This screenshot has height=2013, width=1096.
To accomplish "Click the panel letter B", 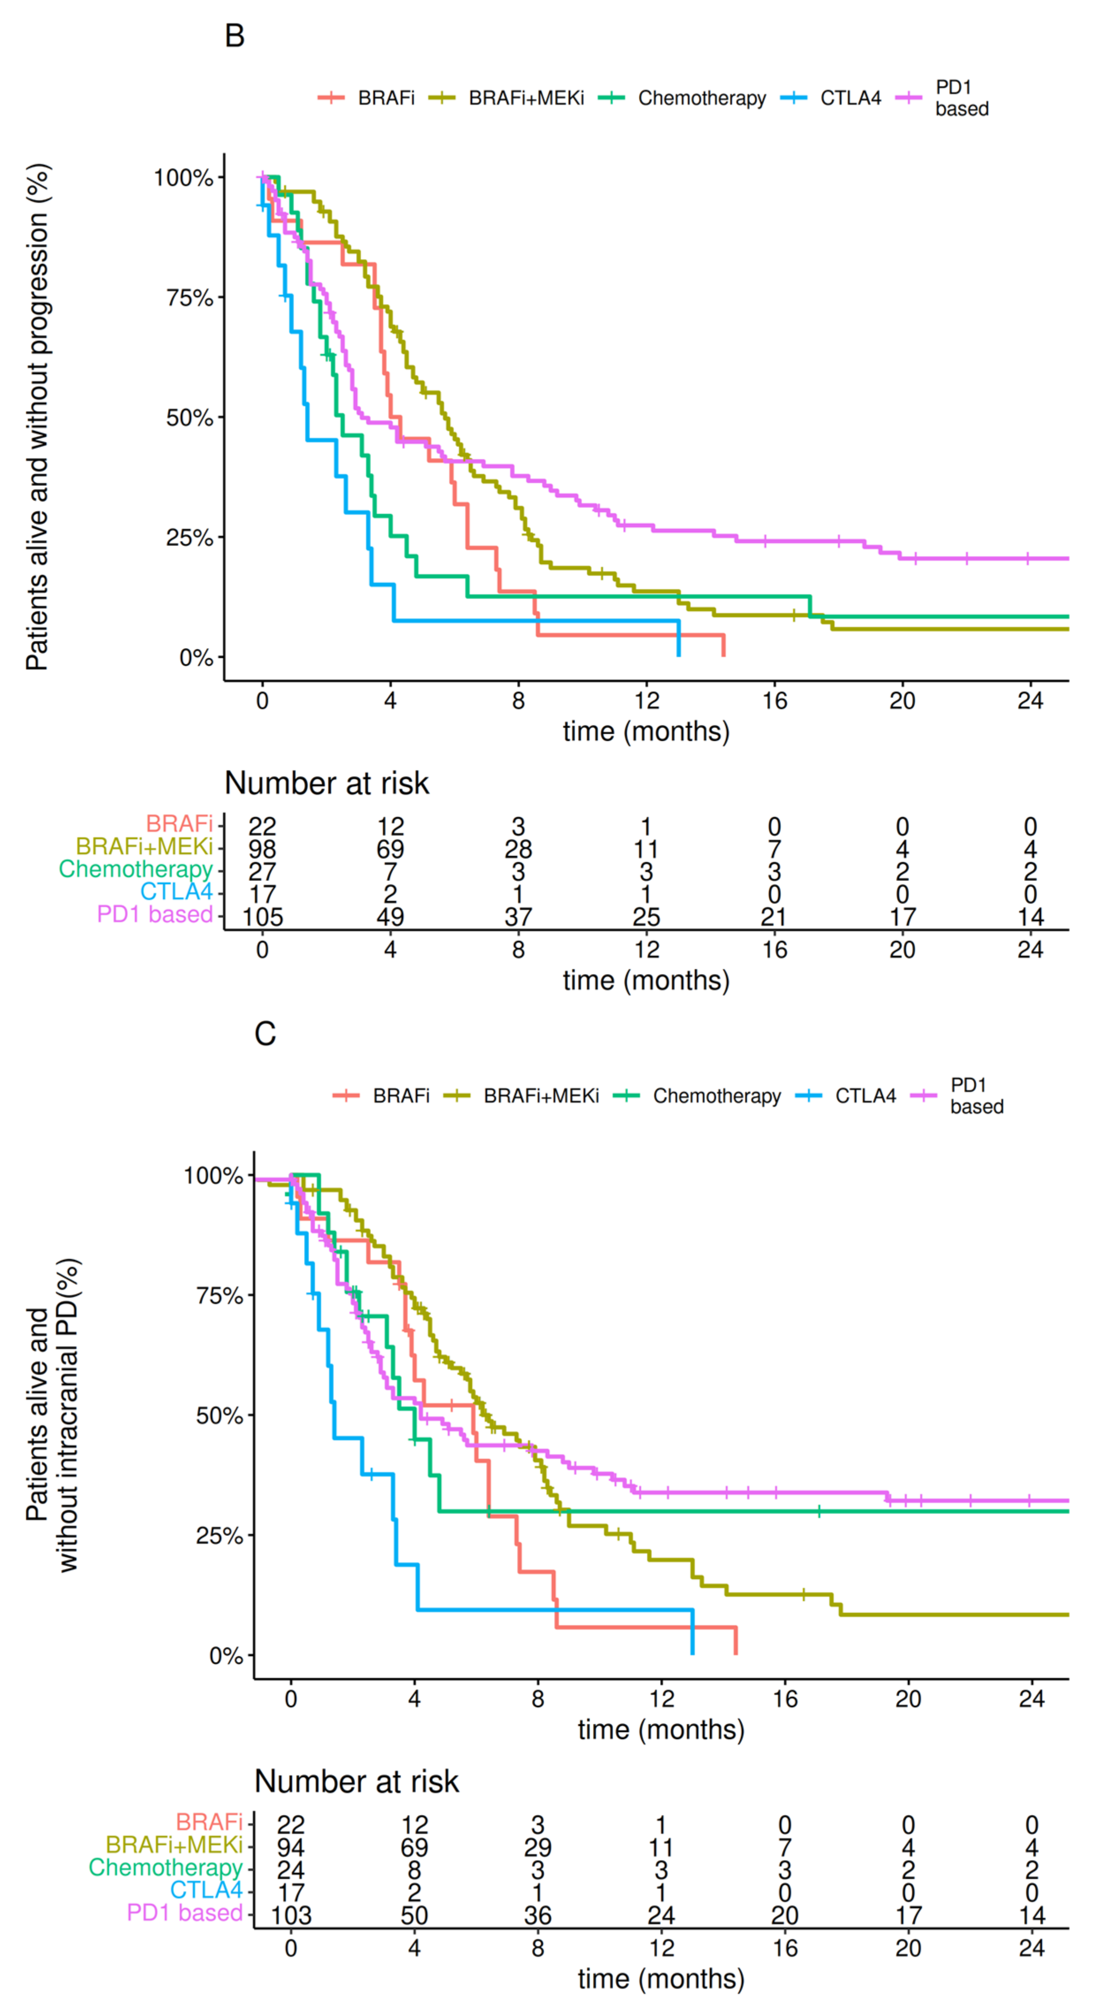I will pos(235,36).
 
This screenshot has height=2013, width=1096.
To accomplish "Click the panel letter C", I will pos(265,1034).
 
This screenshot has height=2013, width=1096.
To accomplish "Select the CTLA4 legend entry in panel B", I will pos(850,99).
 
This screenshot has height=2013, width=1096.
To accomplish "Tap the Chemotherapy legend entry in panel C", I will pos(717,1096).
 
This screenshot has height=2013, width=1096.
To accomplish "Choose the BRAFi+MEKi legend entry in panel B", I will pos(526,99).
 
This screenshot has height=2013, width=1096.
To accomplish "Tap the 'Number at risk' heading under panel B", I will pos(326,783).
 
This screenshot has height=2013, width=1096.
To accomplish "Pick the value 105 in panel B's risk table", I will pos(262,917).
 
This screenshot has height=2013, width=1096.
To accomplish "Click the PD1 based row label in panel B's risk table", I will pos(155,914).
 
